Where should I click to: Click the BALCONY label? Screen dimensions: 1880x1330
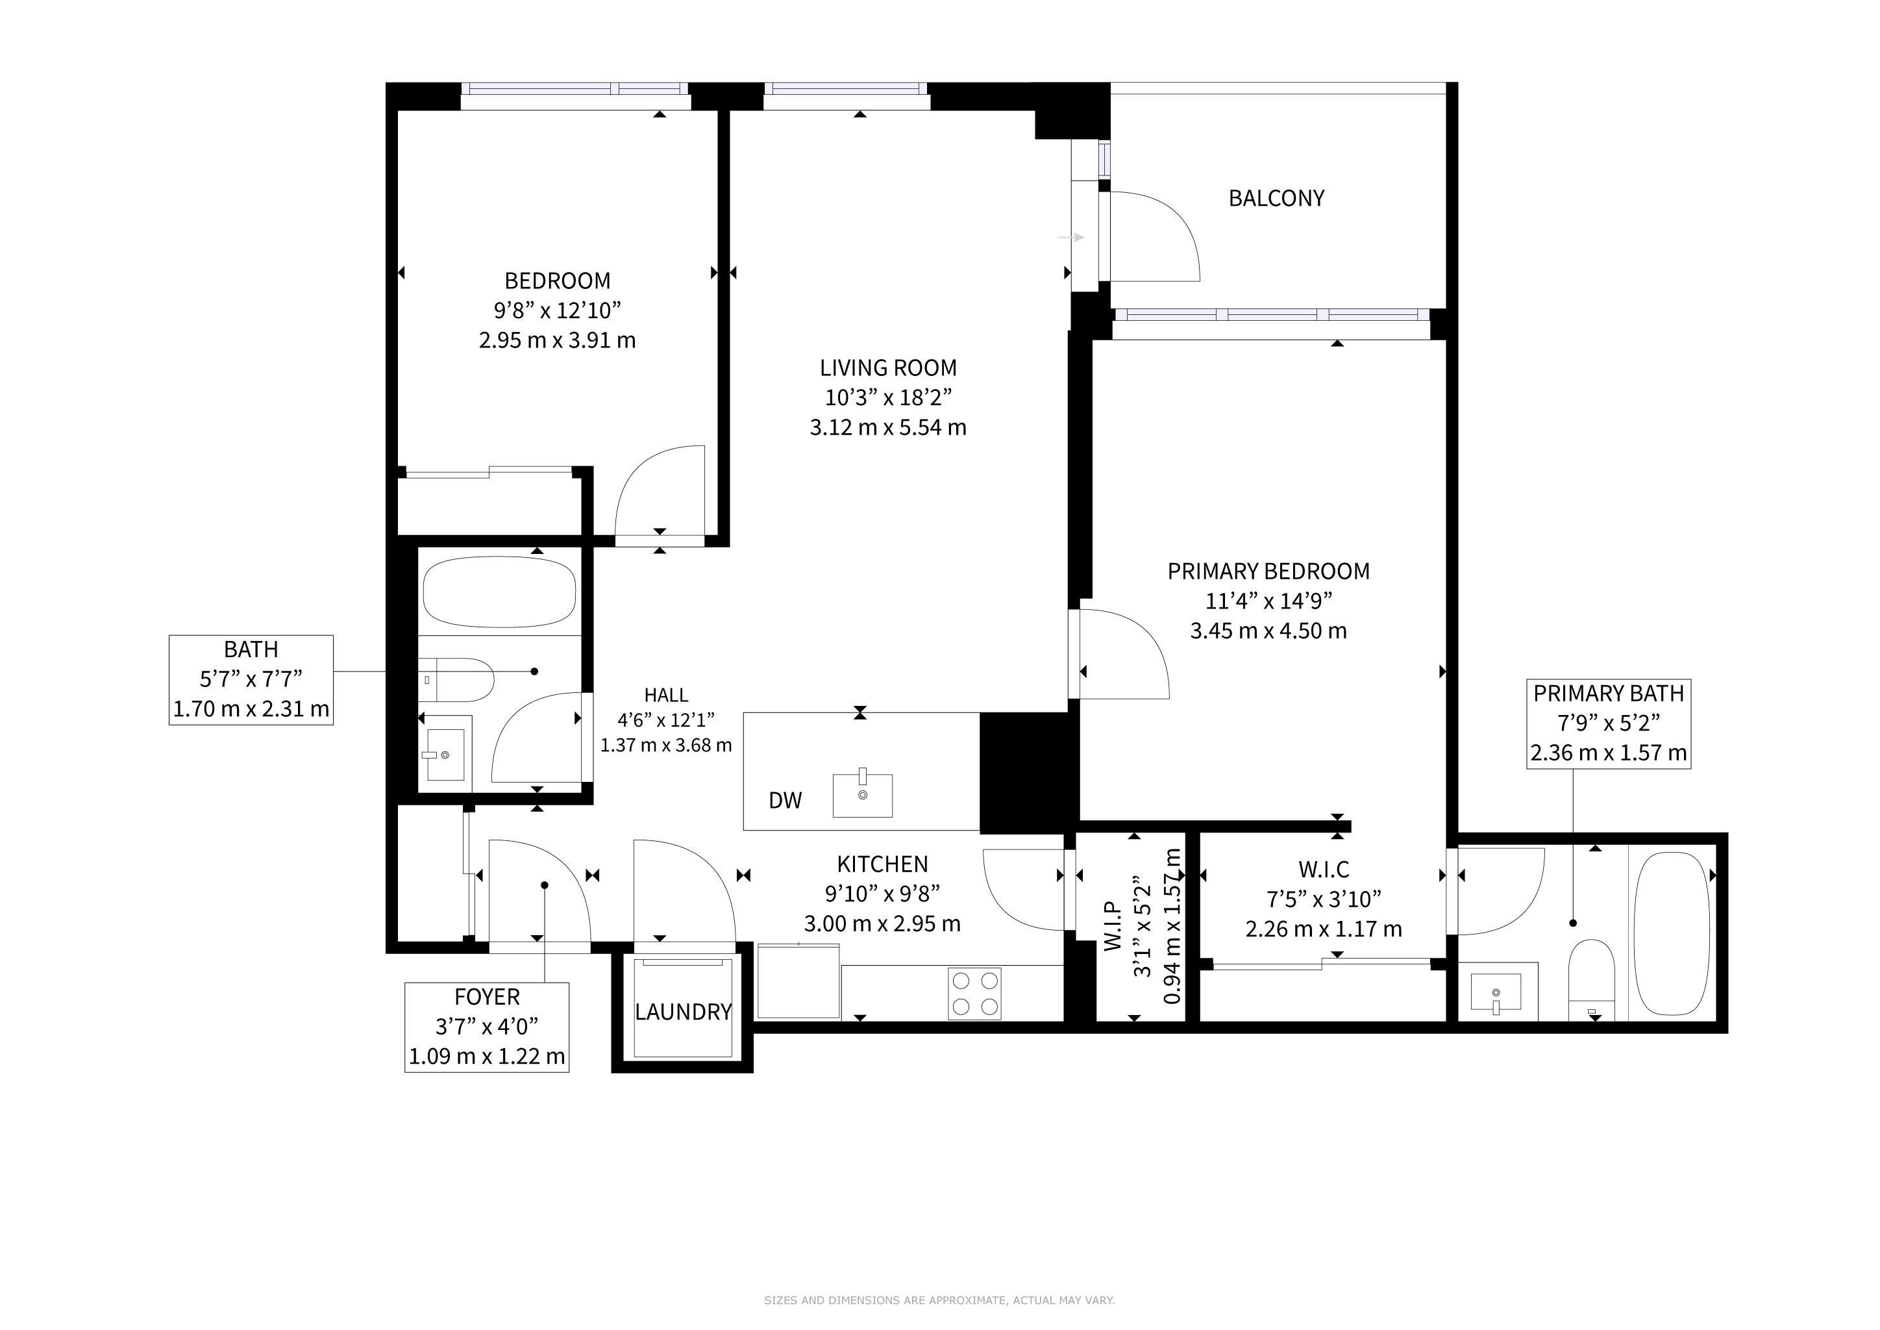[x=1276, y=198]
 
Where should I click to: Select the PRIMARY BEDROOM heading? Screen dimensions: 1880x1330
[x=1268, y=571]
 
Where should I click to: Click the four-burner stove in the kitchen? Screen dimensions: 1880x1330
[x=974, y=994]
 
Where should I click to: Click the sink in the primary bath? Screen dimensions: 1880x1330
[x=1496, y=992]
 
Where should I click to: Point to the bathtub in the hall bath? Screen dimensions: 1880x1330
[x=499, y=592]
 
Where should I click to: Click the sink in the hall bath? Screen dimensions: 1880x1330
[x=445, y=753]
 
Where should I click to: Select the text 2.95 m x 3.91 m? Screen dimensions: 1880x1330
[x=558, y=340]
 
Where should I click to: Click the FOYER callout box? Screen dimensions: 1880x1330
[x=487, y=1027]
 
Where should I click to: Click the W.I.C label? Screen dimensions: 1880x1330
[x=1324, y=869]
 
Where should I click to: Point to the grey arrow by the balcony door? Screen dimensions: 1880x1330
[x=1072, y=238]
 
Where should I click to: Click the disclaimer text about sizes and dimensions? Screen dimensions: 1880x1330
[x=940, y=1299]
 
